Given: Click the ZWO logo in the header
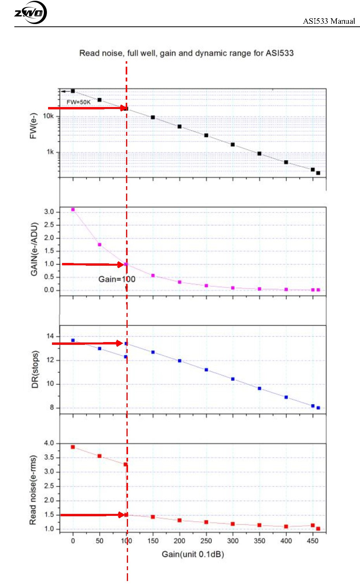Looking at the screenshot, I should [x=30, y=13].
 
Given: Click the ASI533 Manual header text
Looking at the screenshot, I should [x=329, y=21].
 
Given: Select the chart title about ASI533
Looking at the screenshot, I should [x=186, y=53].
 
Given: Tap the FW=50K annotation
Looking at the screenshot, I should [x=78, y=102].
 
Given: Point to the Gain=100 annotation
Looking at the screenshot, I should [x=117, y=279].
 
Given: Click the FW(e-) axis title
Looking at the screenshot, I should [x=33, y=126].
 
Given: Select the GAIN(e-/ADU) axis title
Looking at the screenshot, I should [x=34, y=249].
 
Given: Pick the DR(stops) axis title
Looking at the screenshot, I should [x=35, y=369].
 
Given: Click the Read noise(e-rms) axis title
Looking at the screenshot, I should [x=33, y=490].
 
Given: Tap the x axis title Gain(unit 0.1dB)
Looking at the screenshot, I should [x=193, y=554].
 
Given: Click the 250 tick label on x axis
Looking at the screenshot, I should [x=206, y=541].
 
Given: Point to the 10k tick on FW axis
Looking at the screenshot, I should [x=48, y=116].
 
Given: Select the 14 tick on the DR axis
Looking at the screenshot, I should [x=50, y=336].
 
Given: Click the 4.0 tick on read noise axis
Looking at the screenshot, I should [x=49, y=443].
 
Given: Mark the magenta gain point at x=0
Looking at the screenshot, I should [x=73, y=209].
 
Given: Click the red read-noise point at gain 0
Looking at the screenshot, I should [x=73, y=447].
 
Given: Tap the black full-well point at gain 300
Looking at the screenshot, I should [x=233, y=144].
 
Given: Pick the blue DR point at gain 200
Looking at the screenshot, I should [x=180, y=361].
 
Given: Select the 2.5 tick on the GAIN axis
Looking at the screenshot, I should [x=49, y=225].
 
